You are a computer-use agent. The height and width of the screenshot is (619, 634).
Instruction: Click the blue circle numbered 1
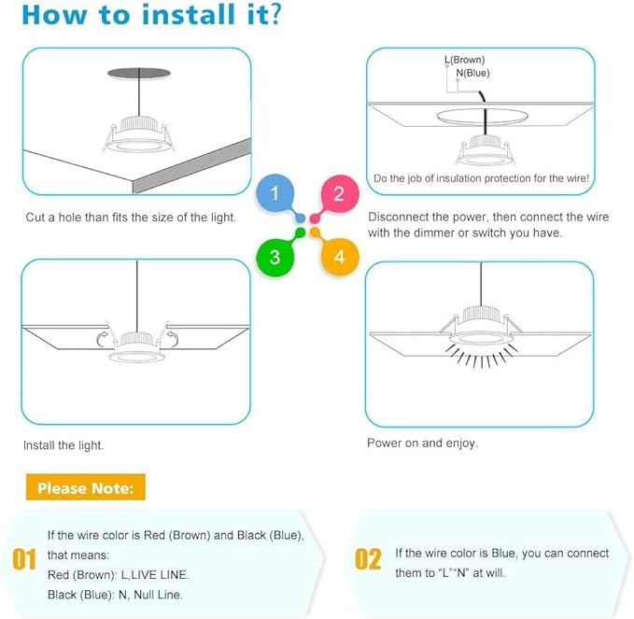click(275, 194)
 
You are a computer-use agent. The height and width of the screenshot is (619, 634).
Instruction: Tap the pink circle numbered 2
click(338, 194)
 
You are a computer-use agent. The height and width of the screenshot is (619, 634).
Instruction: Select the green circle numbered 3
click(275, 257)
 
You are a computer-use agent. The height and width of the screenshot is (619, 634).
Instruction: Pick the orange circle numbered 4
click(339, 257)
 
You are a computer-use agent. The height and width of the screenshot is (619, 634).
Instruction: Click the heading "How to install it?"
click(153, 16)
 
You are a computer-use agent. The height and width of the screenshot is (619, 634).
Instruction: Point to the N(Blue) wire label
click(472, 73)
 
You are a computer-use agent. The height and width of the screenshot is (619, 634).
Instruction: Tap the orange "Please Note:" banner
click(85, 487)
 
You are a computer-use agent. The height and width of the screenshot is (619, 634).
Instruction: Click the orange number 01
click(24, 560)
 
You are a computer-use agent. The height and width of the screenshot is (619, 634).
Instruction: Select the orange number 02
click(368, 560)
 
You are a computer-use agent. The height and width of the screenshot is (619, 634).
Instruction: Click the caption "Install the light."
click(63, 445)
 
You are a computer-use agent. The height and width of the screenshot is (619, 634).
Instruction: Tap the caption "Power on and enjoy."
click(422, 443)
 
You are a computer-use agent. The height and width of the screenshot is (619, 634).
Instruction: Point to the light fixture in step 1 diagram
click(137, 138)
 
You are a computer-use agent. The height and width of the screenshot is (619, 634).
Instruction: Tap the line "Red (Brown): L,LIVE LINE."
click(118, 574)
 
